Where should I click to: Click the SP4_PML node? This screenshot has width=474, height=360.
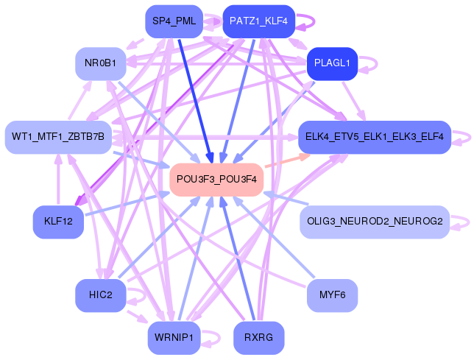click(174, 21)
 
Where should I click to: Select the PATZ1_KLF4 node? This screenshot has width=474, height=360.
click(258, 21)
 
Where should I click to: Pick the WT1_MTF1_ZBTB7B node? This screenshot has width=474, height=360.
click(57, 137)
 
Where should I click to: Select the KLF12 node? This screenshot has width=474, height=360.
click(58, 222)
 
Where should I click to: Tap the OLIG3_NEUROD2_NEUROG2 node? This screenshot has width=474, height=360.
click(375, 222)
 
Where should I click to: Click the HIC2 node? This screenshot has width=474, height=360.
click(100, 295)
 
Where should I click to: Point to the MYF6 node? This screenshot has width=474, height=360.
click(332, 295)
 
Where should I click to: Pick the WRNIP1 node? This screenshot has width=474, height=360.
click(174, 338)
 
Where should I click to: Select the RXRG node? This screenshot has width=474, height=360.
click(258, 338)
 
